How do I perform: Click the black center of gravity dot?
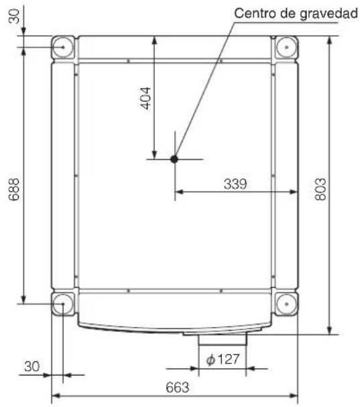click(x=174, y=159)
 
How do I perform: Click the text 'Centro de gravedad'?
click(x=296, y=13)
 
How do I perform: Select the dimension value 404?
click(x=145, y=99)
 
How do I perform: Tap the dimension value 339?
click(x=235, y=184)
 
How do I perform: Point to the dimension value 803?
click(x=320, y=189)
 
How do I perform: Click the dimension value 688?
click(x=14, y=189)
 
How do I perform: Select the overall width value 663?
click(x=178, y=388)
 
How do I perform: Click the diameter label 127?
click(x=228, y=359)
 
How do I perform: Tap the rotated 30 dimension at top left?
click(x=14, y=16)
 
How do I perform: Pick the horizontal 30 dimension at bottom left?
click(x=32, y=366)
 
